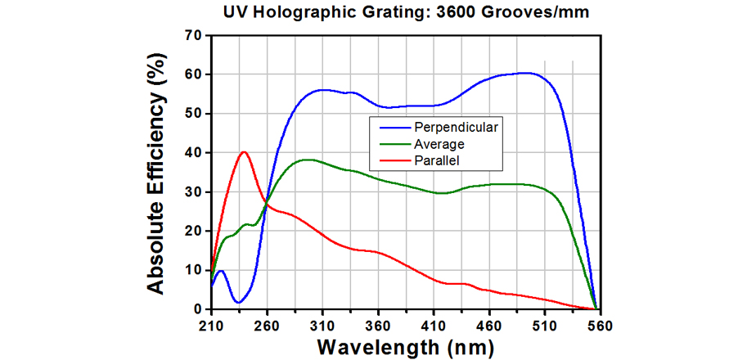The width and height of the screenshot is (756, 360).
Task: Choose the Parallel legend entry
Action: [437, 160]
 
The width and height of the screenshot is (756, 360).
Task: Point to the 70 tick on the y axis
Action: [194, 35]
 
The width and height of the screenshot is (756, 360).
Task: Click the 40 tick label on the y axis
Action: [194, 153]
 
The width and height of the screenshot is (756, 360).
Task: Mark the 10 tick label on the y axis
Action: [194, 270]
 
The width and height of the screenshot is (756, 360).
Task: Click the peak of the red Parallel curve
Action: [244, 152]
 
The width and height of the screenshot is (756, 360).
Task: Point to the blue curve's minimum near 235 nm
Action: [238, 303]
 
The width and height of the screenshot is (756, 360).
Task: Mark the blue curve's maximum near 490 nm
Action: [524, 73]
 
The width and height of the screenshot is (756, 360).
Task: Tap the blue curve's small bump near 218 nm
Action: [220, 270]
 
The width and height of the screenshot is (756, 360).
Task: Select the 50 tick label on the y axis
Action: [194, 114]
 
